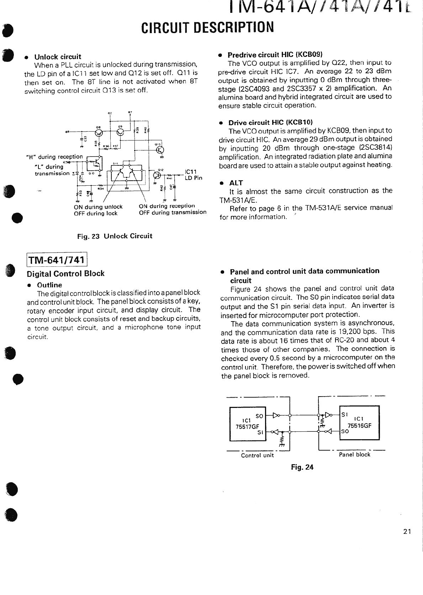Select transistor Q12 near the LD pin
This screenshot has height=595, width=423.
(157, 175)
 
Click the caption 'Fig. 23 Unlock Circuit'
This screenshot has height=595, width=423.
(115, 236)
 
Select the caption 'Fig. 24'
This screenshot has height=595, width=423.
(302, 467)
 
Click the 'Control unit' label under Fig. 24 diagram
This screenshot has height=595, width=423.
(257, 455)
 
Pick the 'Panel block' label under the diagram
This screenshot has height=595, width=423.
(354, 455)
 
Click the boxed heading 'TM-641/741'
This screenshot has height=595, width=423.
(57, 260)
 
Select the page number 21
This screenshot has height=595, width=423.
(407, 532)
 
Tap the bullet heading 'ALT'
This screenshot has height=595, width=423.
(236, 183)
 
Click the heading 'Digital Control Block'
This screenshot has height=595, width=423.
(66, 273)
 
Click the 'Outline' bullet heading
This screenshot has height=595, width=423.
(49, 285)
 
